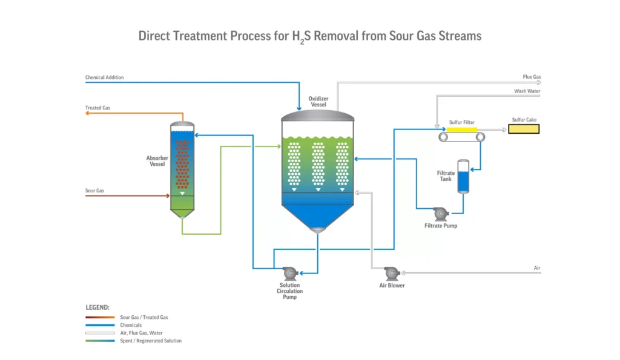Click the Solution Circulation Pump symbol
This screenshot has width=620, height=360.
coord(288,272)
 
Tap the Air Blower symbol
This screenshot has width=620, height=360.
coord(391,272)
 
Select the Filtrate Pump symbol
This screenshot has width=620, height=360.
coord(440,214)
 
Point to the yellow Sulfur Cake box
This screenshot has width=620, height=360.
coord(523,129)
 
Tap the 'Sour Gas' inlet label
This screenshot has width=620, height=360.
coord(94,191)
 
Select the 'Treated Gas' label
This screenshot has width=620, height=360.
coord(97,108)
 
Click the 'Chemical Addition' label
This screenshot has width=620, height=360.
coord(104,77)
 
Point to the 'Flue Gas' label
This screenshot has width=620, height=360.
coord(532,77)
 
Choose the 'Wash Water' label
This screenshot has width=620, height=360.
coord(527,91)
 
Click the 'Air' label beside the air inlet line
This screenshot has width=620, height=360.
coord(537,267)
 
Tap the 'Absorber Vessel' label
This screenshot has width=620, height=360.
coord(157,161)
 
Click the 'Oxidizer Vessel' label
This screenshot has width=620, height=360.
coord(318,101)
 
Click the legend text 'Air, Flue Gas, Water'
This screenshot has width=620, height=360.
coord(143,333)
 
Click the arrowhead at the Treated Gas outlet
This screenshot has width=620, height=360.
coord(88,113)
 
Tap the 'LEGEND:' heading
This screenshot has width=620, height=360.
coord(97,307)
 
